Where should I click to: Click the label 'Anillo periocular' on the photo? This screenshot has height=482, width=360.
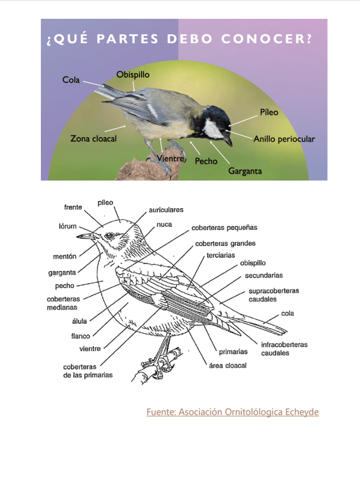pyautogui.click(x=284, y=139)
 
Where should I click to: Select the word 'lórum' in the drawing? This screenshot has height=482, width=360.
pyautogui.click(x=67, y=226)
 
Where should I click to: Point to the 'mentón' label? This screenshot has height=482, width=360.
pyautogui.click(x=64, y=256)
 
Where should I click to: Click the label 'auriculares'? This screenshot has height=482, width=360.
pyautogui.click(x=166, y=210)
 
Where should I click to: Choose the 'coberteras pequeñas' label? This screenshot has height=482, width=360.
pyautogui.click(x=224, y=227)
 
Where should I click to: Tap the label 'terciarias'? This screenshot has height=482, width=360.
pyautogui.click(x=221, y=255)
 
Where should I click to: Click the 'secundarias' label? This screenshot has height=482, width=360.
pyautogui.click(x=263, y=276)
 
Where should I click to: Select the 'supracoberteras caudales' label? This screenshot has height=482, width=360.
pyautogui.click(x=273, y=294)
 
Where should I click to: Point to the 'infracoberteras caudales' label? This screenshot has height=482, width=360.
pyautogui.click(x=284, y=348)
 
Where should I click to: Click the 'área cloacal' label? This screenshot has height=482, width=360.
pyautogui.click(x=228, y=365)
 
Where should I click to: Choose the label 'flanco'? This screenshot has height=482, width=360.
pyautogui.click(x=80, y=335)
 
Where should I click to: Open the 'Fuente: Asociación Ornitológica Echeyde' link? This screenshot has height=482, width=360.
pyautogui.click(x=232, y=412)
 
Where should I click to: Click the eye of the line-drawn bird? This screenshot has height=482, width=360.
pyautogui.click(x=110, y=236)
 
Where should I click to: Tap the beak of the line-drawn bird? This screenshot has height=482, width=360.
pyautogui.click(x=85, y=235)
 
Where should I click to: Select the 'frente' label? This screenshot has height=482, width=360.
pyautogui.click(x=73, y=207)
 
